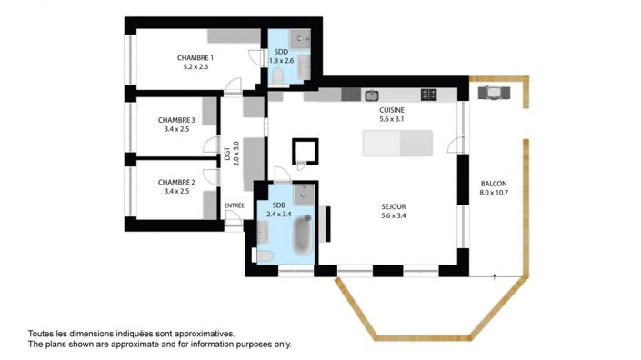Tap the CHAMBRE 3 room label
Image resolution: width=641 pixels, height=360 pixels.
(x=176, y=119)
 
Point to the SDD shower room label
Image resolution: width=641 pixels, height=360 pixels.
(x=281, y=52)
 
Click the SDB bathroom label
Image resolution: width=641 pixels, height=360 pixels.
(x=278, y=205)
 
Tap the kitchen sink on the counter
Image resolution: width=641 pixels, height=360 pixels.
(x=371, y=95)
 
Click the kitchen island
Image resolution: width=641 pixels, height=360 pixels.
(x=398, y=143)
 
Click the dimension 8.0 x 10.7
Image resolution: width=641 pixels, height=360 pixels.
(x=494, y=193)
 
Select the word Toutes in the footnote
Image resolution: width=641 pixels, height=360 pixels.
(x=42, y=334)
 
